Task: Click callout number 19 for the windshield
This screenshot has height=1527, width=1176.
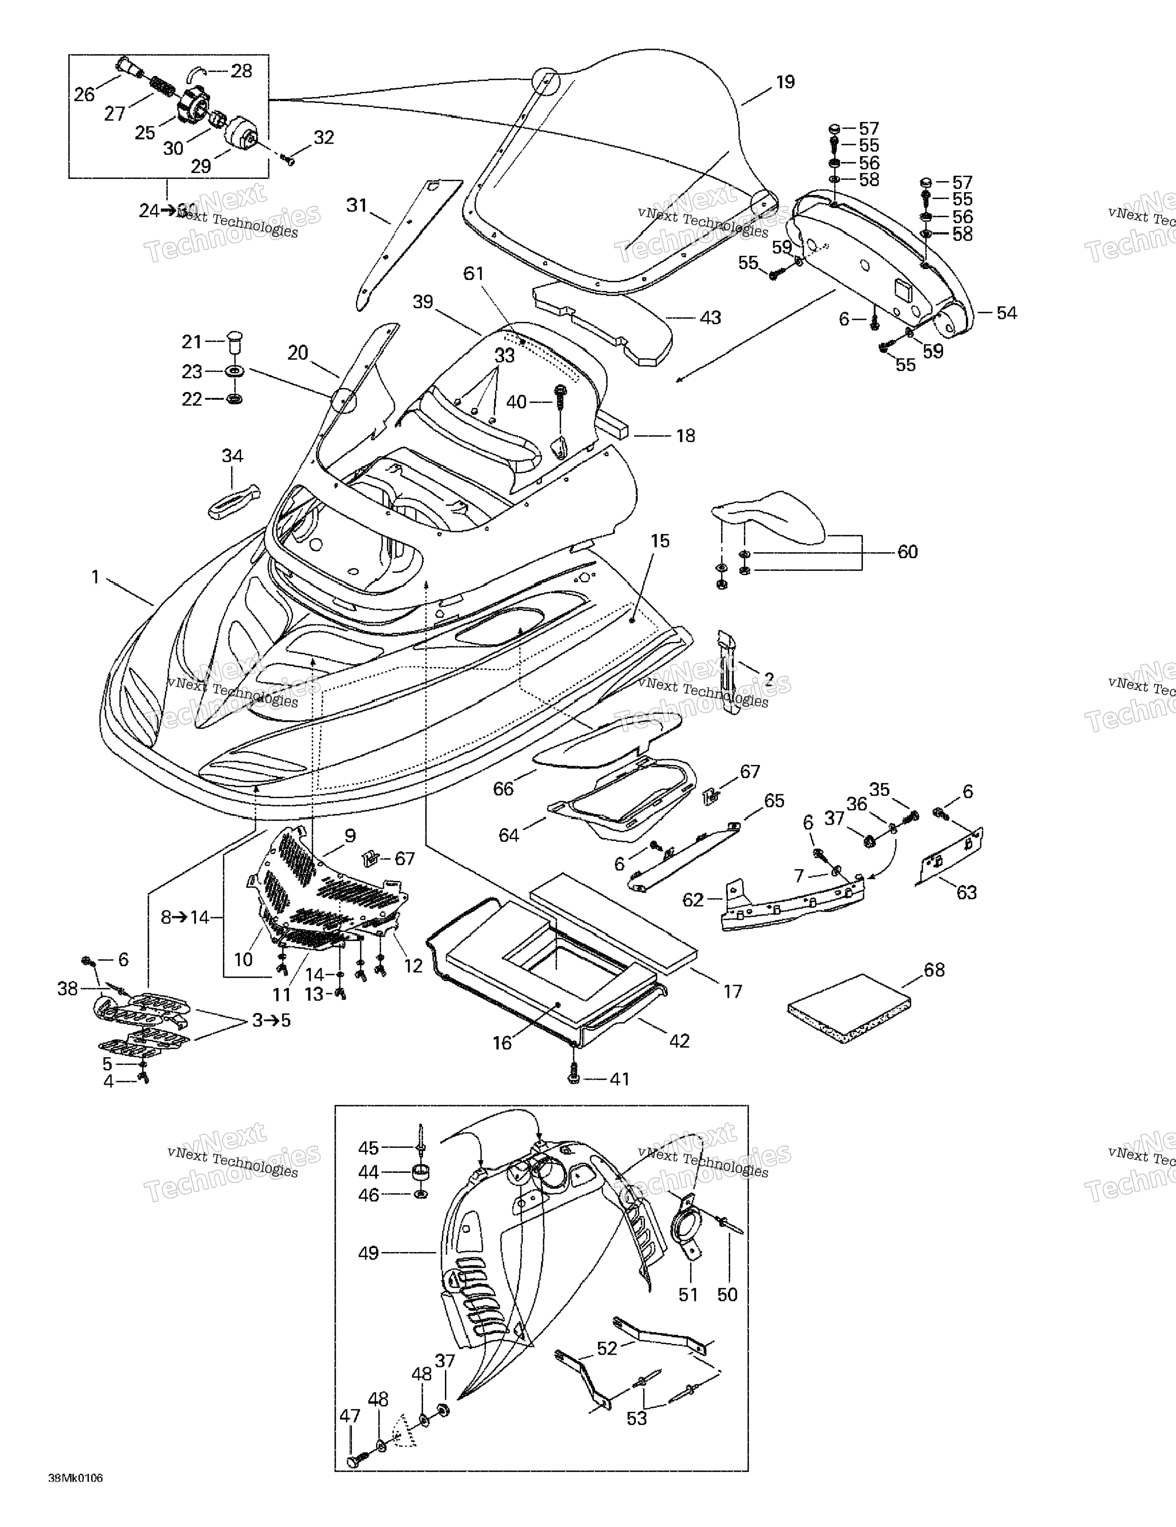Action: [785, 82]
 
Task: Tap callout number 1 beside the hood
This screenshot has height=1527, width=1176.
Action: [96, 578]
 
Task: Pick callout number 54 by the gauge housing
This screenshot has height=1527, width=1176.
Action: [1006, 313]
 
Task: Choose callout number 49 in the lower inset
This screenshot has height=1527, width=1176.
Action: [368, 1253]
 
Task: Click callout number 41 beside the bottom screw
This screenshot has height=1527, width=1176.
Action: [619, 1079]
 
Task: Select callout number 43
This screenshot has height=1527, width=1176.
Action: [710, 318]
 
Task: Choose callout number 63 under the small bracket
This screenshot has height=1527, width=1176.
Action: [966, 892]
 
